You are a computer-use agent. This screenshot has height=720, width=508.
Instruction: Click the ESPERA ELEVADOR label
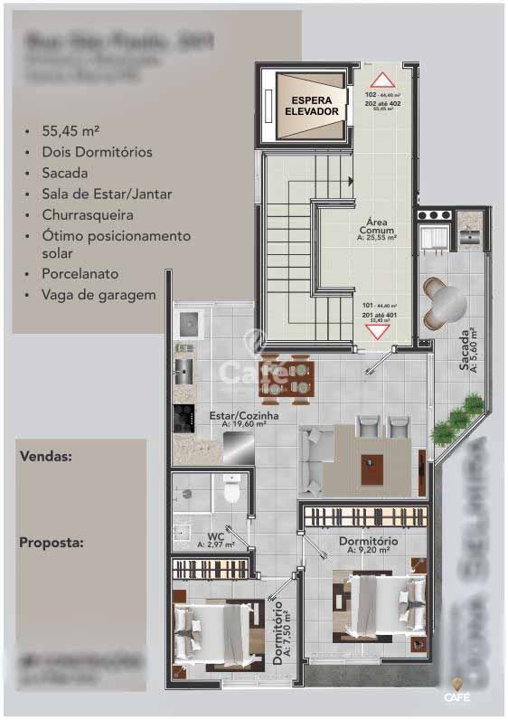(x=310, y=106)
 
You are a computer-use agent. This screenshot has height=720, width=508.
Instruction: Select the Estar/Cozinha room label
(x=244, y=419)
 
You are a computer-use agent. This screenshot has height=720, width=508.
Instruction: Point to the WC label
(x=215, y=540)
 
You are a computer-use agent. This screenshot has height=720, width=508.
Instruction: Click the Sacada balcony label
(x=468, y=348)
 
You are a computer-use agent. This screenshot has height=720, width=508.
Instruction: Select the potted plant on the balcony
(x=455, y=422)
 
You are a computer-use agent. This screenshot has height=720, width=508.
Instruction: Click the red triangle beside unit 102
(x=379, y=79)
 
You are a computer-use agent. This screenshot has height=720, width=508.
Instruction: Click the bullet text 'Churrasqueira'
(x=87, y=215)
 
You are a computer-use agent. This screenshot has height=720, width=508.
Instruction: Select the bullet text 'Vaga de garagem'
(x=98, y=294)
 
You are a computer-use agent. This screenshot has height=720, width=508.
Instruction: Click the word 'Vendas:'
(x=45, y=457)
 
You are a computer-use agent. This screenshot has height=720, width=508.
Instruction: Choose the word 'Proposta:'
(x=51, y=543)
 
